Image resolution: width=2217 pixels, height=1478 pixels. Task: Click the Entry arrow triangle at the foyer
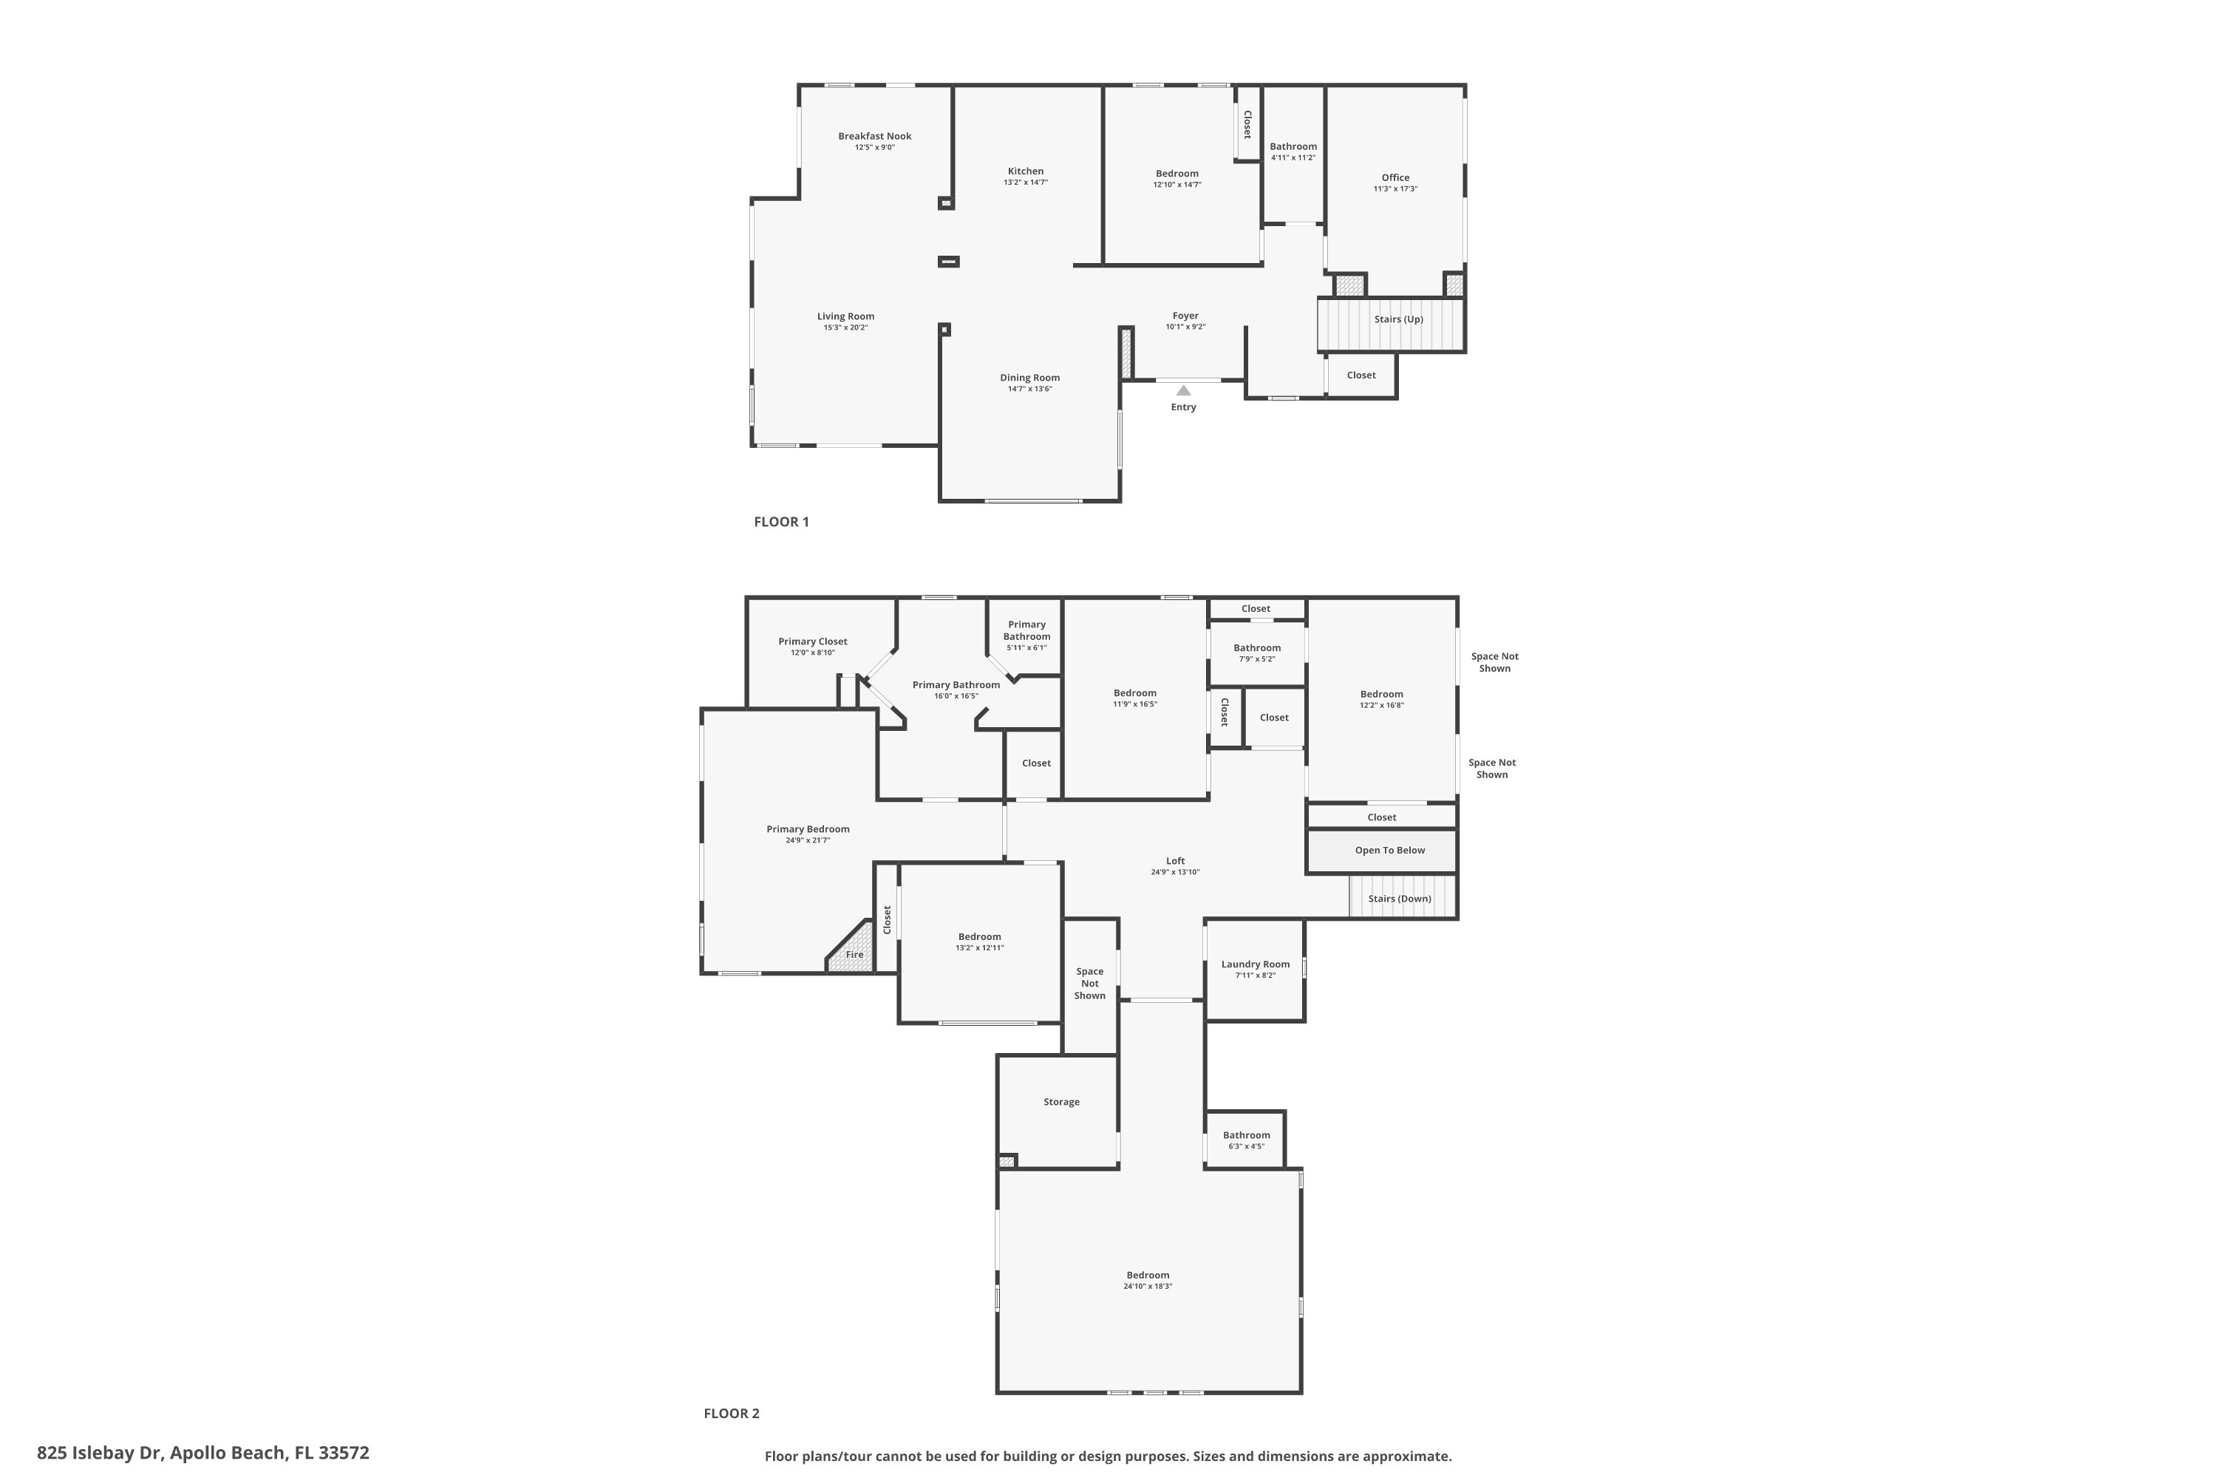click(x=1183, y=390)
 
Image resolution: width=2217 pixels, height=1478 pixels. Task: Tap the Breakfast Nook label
click(x=875, y=136)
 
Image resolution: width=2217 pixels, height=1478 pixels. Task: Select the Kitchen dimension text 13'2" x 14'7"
click(x=1026, y=183)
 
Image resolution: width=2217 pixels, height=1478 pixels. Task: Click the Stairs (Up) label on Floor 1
click(x=1399, y=319)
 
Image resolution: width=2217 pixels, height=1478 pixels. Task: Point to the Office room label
click(x=1396, y=177)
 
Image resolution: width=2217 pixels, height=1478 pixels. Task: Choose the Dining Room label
click(x=1030, y=378)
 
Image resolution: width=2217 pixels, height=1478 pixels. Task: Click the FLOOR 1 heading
click(x=781, y=521)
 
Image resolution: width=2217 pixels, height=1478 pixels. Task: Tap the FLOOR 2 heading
click(x=732, y=1413)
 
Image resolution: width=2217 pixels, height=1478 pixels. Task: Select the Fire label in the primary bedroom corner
click(x=855, y=955)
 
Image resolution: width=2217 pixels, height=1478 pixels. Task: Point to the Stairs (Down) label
click(x=1400, y=899)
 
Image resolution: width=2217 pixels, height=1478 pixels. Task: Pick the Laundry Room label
click(x=1256, y=964)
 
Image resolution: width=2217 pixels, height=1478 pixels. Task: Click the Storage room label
click(x=1061, y=1102)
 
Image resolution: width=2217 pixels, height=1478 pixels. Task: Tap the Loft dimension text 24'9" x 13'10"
click(x=1176, y=873)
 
